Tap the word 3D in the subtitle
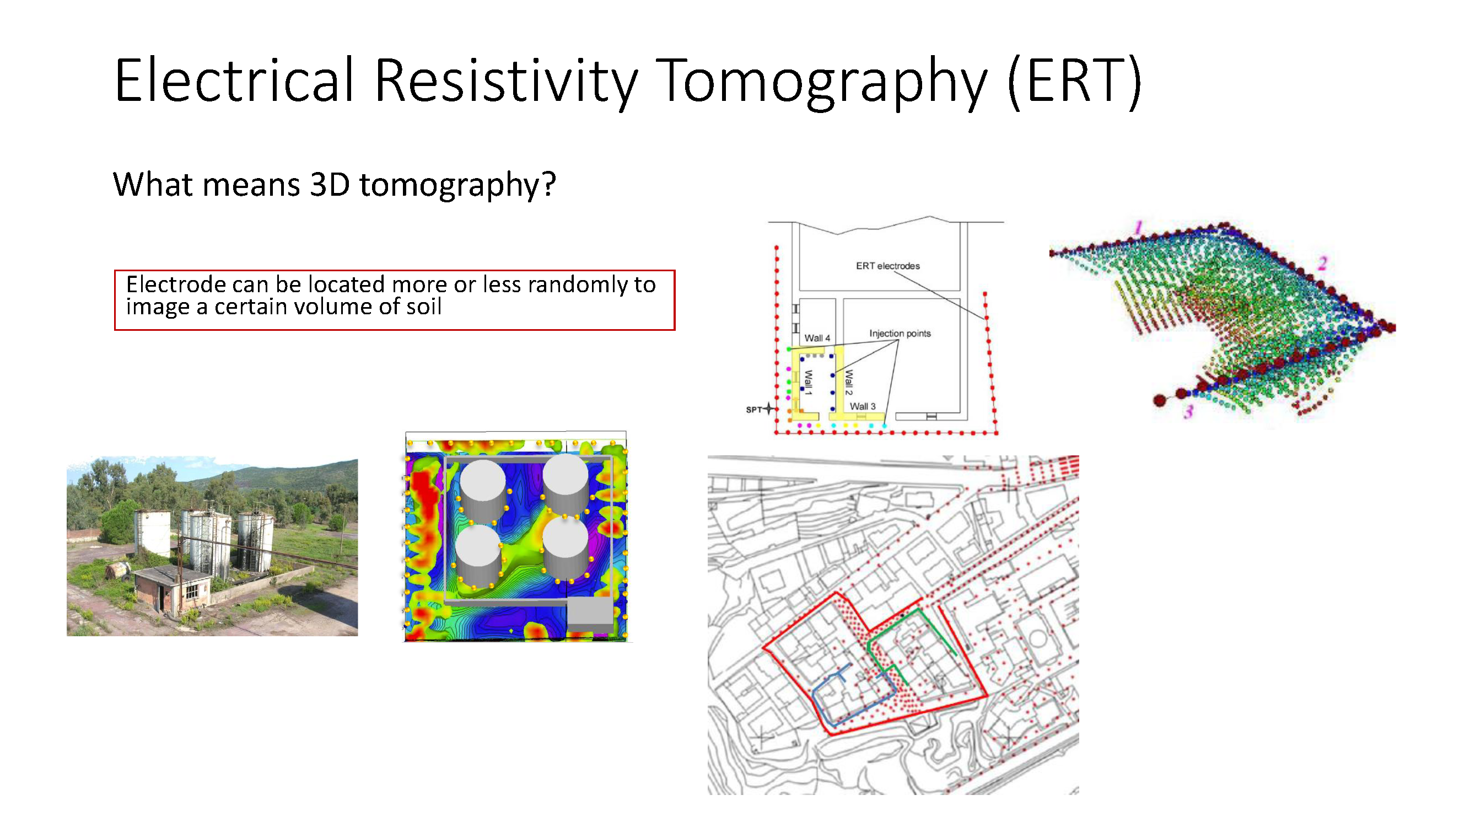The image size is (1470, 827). tap(329, 184)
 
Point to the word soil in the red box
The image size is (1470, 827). tap(423, 307)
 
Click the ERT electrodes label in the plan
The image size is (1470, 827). tap(887, 266)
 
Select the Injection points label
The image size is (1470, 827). tap(900, 334)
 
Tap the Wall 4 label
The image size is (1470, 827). tap(817, 338)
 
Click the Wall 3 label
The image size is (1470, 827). tap(862, 406)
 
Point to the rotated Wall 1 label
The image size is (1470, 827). tap(808, 383)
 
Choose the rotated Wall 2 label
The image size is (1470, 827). tap(849, 383)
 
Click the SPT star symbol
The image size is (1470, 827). tap(769, 409)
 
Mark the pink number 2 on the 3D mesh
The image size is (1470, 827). tap(1323, 263)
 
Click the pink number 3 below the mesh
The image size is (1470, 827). tap(1189, 411)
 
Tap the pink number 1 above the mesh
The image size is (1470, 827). tap(1138, 227)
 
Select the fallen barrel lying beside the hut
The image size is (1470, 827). tap(119, 570)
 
